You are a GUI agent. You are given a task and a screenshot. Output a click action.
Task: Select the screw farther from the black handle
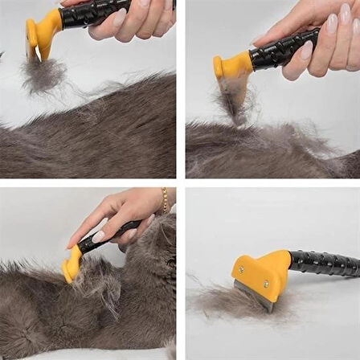click(240, 270)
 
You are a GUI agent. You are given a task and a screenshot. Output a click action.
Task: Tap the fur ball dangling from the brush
click(44, 74)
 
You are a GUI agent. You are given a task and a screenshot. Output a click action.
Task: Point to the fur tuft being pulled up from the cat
click(233, 104)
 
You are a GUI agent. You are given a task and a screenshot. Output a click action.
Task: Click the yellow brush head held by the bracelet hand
click(72, 265)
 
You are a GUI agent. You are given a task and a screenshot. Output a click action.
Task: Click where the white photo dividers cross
click(181, 182)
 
